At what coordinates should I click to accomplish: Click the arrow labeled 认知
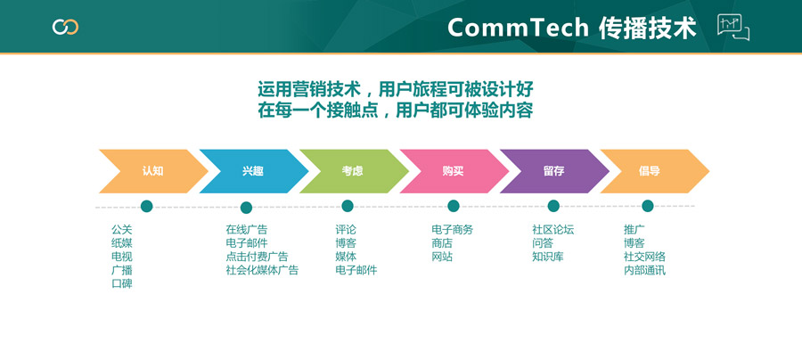click(153, 171)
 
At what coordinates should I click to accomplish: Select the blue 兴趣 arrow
click(254, 171)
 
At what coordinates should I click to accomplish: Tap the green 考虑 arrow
click(354, 171)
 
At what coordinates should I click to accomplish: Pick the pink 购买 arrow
click(454, 171)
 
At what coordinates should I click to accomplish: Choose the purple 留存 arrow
click(554, 171)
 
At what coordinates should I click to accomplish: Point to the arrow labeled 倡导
click(655, 171)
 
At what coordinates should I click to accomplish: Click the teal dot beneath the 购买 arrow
click(454, 206)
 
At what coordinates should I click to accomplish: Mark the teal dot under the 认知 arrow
click(147, 206)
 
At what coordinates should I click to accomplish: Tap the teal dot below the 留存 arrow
click(553, 206)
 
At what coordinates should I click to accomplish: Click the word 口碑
click(122, 283)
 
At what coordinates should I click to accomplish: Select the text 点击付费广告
click(257, 257)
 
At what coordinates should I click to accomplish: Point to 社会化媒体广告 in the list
click(262, 270)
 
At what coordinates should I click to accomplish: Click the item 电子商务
click(452, 230)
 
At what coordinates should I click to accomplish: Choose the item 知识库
click(547, 257)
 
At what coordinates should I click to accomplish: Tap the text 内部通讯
click(644, 270)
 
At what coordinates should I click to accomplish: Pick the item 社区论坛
click(552, 230)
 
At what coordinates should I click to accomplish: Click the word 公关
click(122, 230)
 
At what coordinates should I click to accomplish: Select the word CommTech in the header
click(518, 28)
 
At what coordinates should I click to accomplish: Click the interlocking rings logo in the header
click(65, 27)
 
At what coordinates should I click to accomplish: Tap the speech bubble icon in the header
click(733, 27)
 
